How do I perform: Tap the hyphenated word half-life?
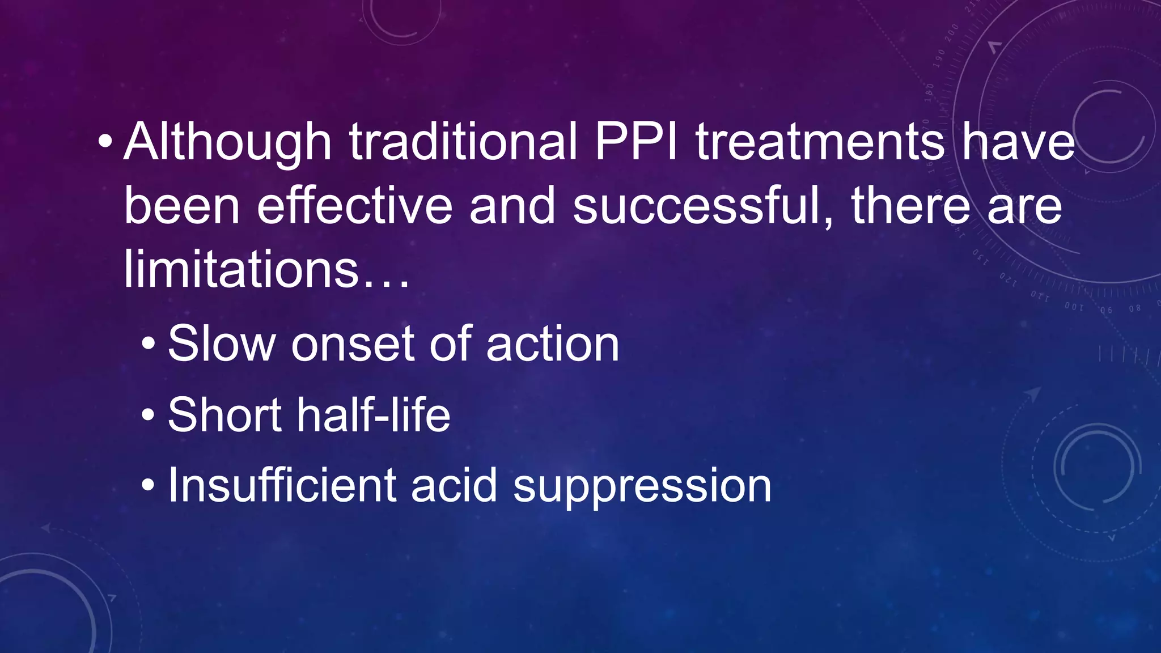point(374,415)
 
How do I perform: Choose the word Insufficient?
point(282,485)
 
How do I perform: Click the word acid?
point(454,485)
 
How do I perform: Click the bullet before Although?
point(105,141)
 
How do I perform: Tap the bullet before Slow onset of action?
point(148,344)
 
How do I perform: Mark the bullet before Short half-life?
point(148,414)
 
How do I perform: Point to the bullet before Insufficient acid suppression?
point(148,485)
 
